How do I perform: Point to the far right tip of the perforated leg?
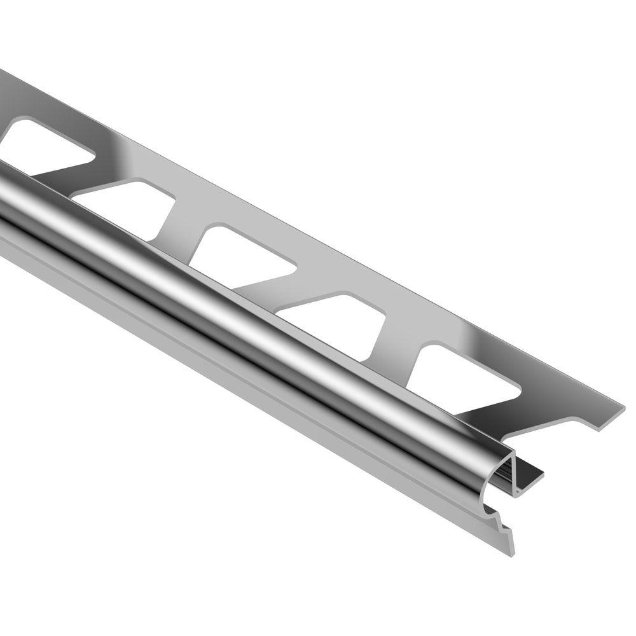[x=620, y=408]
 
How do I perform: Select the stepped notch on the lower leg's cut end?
[x=502, y=518]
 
